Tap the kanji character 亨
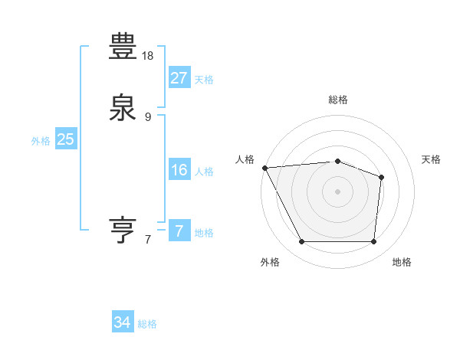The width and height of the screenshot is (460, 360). click(123, 229)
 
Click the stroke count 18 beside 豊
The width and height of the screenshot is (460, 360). click(148, 56)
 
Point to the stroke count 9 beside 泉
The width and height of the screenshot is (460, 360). click(148, 117)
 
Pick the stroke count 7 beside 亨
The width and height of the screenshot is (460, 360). click(148, 240)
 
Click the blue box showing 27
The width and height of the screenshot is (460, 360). click(179, 78)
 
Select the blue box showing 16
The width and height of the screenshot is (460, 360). click(179, 170)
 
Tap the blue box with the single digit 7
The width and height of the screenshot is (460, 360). click(179, 231)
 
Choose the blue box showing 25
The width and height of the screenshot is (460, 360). click(65, 139)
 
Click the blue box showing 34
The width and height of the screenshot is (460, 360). click(122, 323)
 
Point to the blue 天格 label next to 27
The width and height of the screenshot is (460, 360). click(204, 80)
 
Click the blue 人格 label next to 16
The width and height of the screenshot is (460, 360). click(204, 172)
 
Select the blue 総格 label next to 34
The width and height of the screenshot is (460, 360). click(147, 325)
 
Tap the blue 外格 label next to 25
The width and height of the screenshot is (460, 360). click(40, 141)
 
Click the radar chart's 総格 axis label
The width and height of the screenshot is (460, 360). click(337, 100)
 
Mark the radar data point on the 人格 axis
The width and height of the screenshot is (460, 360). click(264, 167)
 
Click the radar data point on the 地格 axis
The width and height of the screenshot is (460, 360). click(373, 242)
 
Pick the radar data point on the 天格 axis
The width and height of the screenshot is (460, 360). click(381, 177)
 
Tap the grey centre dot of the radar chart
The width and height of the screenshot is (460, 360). click(337, 191)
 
